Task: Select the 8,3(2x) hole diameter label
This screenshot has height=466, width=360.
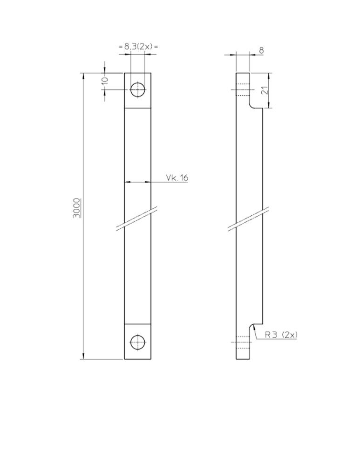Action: point(138,46)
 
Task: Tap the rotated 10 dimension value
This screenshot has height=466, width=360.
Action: point(105,80)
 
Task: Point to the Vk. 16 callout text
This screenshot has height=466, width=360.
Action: point(177,178)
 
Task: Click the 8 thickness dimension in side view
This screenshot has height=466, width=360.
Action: point(261,50)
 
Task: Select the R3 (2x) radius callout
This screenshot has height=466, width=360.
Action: point(281,335)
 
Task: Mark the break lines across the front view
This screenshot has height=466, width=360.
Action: point(136,219)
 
